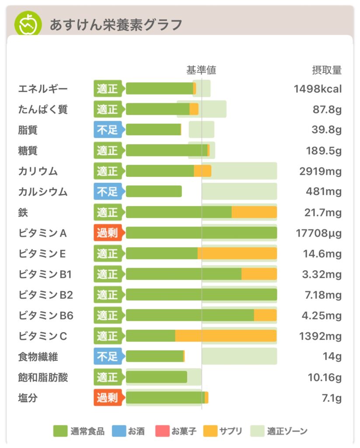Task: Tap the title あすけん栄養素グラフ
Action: [x=115, y=25]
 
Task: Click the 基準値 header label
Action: [x=201, y=70]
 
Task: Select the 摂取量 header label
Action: [x=326, y=70]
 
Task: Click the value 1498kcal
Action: [x=318, y=89]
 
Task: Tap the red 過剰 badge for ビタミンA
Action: [x=108, y=233]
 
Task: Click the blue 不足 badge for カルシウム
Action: [x=108, y=192]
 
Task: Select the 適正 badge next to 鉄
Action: [x=108, y=213]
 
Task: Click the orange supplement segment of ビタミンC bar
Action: [x=226, y=336]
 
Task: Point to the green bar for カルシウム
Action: [x=154, y=192]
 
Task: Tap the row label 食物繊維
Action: [x=38, y=357]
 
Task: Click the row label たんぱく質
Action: [x=43, y=109]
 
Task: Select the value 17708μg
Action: [x=318, y=233]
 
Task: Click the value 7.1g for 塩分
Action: [x=332, y=398]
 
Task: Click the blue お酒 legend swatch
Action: [x=119, y=431]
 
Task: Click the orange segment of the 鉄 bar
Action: [x=254, y=213]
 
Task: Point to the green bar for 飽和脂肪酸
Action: [x=156, y=377]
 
